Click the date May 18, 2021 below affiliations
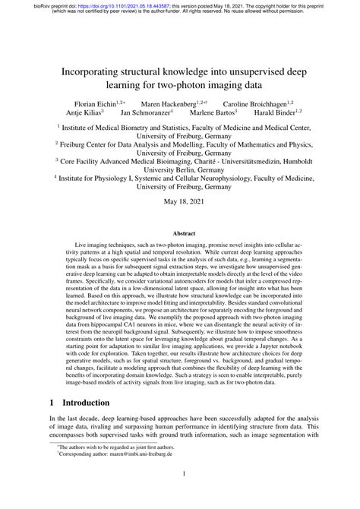[180, 202]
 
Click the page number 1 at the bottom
[180, 494]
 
